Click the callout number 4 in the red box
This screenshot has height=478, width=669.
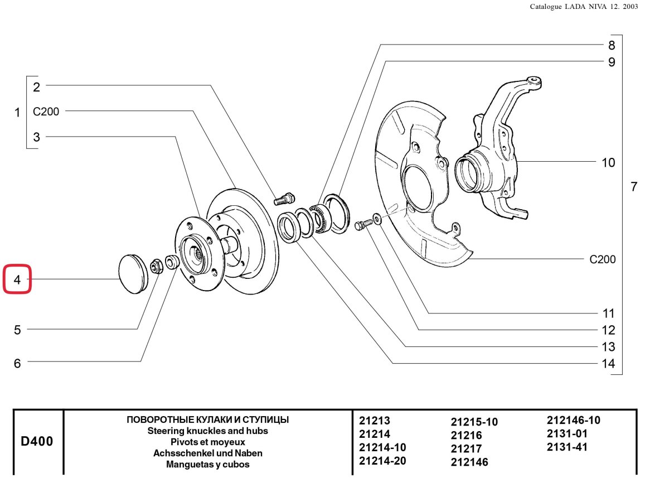coord(17,280)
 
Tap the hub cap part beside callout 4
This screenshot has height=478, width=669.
coord(133,274)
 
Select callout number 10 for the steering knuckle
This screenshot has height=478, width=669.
coord(608,163)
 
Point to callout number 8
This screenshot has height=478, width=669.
coord(612,45)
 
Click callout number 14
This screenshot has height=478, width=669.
coord(608,364)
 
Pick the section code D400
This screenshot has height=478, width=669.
coord(37,441)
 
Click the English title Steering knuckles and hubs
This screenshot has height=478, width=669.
coord(207,431)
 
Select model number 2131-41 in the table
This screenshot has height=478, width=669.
coord(567,447)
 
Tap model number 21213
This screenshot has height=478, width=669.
coord(374,421)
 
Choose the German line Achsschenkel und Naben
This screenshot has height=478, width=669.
coord(207,453)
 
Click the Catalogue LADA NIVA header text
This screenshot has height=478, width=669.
coord(584,7)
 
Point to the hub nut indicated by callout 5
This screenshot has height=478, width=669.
coord(156,266)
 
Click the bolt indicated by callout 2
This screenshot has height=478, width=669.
coord(284,199)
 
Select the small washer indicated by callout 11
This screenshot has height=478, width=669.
coord(377,219)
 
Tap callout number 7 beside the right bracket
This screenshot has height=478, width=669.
coord(634,187)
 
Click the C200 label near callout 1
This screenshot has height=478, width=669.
coord(46,112)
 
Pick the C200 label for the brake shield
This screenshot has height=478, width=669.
coord(603,259)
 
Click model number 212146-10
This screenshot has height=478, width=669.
coord(574,421)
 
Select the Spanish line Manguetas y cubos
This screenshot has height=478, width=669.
coord(207,465)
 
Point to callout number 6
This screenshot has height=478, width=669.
coord(17,364)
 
